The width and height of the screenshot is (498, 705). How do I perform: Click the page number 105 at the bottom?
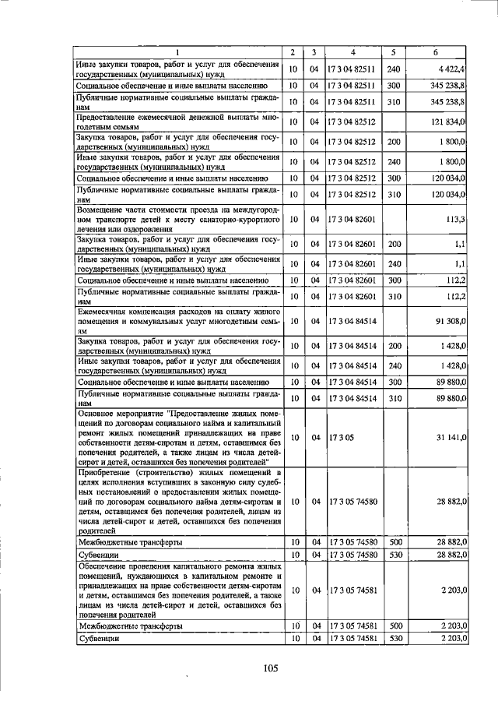(270, 667)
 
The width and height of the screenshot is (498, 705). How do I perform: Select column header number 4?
(353, 52)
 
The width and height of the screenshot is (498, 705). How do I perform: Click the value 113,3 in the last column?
(454, 219)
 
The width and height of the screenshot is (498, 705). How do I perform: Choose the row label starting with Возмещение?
(176, 219)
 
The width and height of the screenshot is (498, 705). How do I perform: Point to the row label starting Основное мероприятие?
(176, 437)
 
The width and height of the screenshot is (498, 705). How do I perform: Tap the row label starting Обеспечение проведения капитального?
(176, 591)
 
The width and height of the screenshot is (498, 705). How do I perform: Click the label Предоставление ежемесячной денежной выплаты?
(176, 122)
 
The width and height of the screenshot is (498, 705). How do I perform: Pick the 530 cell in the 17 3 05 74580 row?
(394, 554)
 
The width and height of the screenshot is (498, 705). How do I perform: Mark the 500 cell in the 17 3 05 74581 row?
(394, 626)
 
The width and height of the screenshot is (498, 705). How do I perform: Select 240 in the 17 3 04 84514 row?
(394, 365)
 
